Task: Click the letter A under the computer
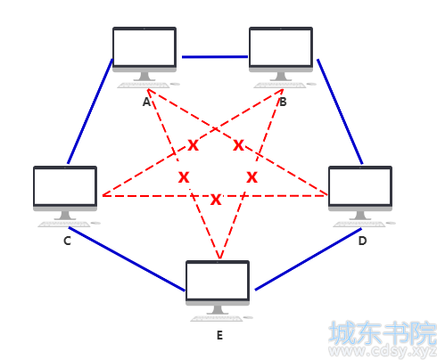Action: coord(146,102)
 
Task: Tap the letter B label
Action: coord(283,102)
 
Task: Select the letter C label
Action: coord(67,241)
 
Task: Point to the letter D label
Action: coord(362,241)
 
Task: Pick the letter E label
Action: coord(219,335)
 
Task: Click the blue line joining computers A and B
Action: coord(215,57)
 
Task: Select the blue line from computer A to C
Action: coord(90,111)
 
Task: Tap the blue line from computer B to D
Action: coord(340,111)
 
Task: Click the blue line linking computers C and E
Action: coord(127,259)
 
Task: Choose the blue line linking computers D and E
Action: coord(309,259)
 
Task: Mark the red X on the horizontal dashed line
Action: coord(216,200)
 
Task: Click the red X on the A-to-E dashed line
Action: coord(184,177)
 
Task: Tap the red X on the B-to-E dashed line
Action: coord(251,177)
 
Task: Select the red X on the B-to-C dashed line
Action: coord(193,145)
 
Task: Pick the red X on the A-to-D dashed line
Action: coord(238,145)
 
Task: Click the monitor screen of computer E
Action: coord(218,281)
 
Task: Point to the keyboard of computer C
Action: coord(64,224)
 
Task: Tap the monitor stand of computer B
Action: coord(281,77)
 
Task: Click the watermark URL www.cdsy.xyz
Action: coord(383,351)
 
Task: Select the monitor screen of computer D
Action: coord(360,186)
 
